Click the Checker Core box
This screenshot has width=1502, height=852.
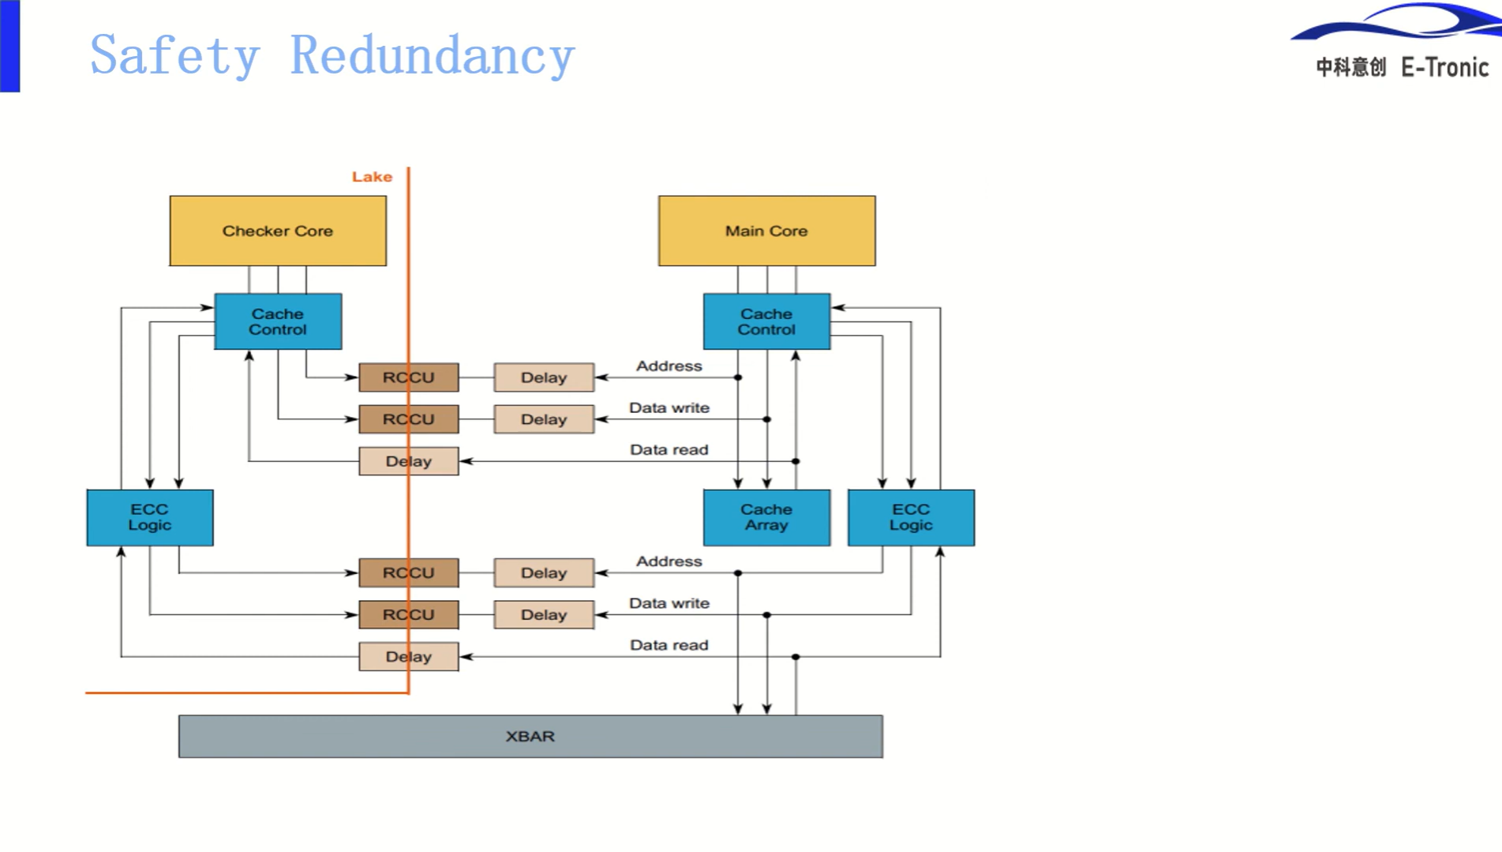(278, 231)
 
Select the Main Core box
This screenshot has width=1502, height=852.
(766, 231)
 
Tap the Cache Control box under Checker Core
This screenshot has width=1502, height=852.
(278, 321)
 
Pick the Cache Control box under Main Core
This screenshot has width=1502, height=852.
(766, 321)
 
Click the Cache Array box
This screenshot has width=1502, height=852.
(766, 517)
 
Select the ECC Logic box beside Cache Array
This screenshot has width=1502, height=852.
(911, 517)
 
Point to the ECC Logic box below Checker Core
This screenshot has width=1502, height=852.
(150, 517)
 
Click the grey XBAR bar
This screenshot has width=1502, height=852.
(530, 736)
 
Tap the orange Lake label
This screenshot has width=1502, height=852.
(372, 177)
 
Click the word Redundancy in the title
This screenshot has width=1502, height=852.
(433, 56)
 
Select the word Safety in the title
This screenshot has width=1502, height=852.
(174, 56)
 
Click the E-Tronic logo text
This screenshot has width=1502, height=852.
(1445, 68)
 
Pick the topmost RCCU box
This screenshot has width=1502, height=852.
(409, 377)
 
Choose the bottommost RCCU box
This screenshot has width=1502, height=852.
(409, 614)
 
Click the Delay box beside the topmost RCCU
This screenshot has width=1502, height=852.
(544, 377)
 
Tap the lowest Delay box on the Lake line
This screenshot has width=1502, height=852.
(409, 656)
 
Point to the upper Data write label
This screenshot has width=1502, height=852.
(669, 407)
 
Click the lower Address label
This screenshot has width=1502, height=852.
(669, 561)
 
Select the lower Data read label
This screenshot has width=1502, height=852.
(669, 645)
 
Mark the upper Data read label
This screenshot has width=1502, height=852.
(669, 449)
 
